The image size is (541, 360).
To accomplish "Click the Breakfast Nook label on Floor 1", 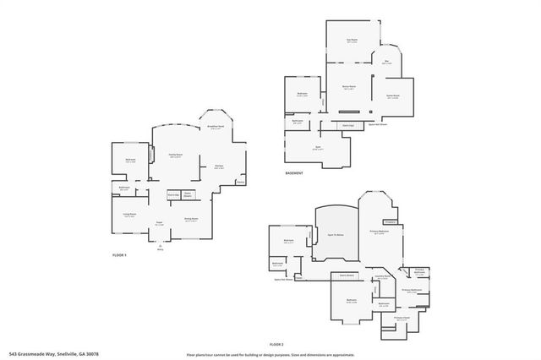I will click(216, 127).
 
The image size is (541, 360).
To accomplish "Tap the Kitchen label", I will click(218, 166).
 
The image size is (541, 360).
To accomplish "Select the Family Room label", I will click(176, 155).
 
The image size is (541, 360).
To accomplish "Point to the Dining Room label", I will click(191, 218).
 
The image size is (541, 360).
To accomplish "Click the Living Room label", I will click(129, 215).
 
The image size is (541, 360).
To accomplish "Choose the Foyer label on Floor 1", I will click(159, 223).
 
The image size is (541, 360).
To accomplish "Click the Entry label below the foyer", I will click(159, 249).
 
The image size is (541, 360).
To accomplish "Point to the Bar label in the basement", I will click(386, 61).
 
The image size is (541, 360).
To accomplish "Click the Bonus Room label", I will click(348, 87).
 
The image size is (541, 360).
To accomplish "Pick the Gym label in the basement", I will click(317, 150).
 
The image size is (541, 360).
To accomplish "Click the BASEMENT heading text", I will click(295, 174).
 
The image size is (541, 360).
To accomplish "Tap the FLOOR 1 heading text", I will click(119, 254).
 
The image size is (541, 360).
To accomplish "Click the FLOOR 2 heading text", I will click(276, 345).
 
